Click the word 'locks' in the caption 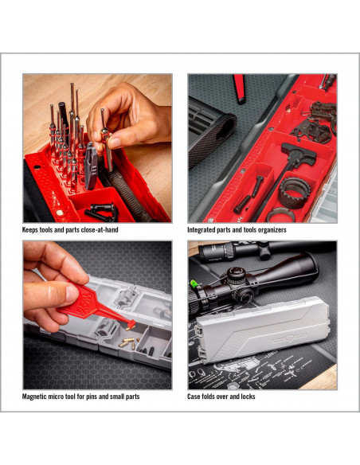[248, 397]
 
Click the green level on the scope [194, 283]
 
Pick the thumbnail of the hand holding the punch [97, 148]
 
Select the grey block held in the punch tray [91, 166]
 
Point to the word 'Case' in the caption [194, 397]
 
